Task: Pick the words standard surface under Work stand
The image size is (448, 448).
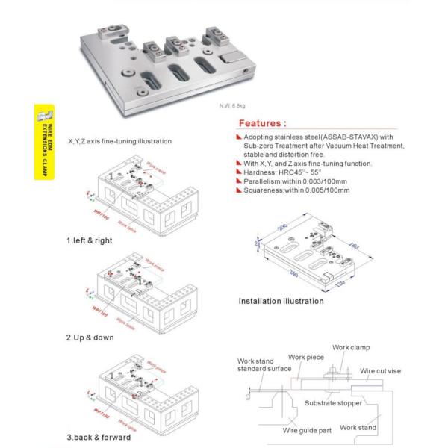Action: tap(263, 369)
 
